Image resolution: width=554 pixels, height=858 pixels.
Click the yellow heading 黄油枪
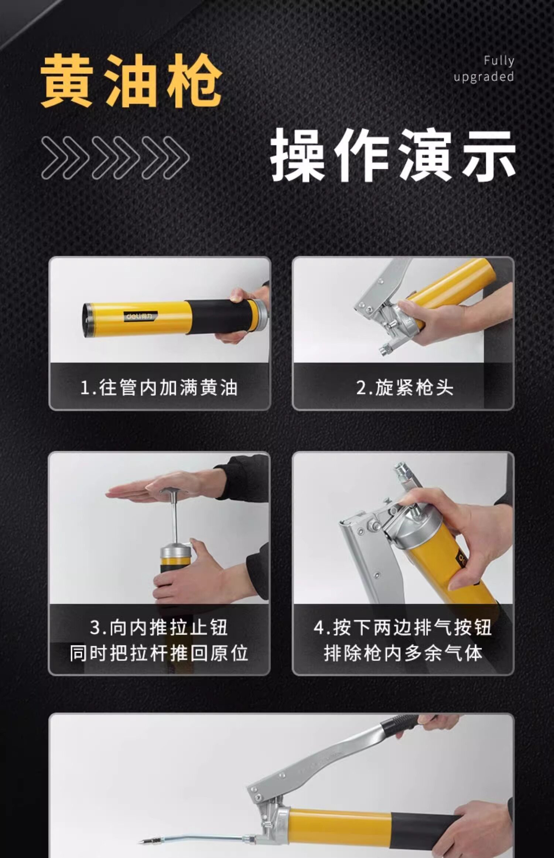click(131, 81)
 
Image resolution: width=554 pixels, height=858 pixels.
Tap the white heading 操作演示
click(393, 155)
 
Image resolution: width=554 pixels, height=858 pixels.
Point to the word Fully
click(499, 61)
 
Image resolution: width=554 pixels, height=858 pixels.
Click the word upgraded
click(484, 77)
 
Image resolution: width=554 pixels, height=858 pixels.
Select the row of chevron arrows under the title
click(116, 158)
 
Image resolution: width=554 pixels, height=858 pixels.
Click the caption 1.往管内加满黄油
click(159, 388)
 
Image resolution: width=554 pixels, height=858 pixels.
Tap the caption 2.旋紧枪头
click(405, 388)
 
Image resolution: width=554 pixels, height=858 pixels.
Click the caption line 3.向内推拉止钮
click(159, 627)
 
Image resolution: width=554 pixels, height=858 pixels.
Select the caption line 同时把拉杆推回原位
click(159, 653)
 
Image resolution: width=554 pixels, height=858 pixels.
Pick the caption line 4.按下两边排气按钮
click(403, 627)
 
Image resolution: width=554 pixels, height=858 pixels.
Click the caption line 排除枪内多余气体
click(403, 653)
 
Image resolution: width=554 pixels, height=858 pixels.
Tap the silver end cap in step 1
click(260, 316)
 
